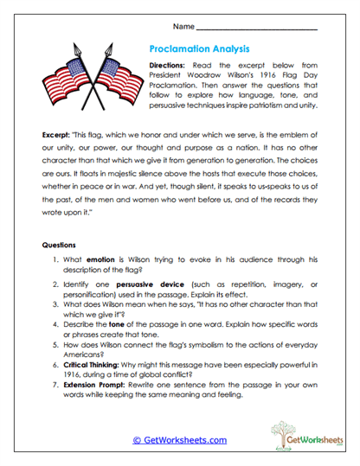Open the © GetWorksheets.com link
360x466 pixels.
click(x=179, y=439)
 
